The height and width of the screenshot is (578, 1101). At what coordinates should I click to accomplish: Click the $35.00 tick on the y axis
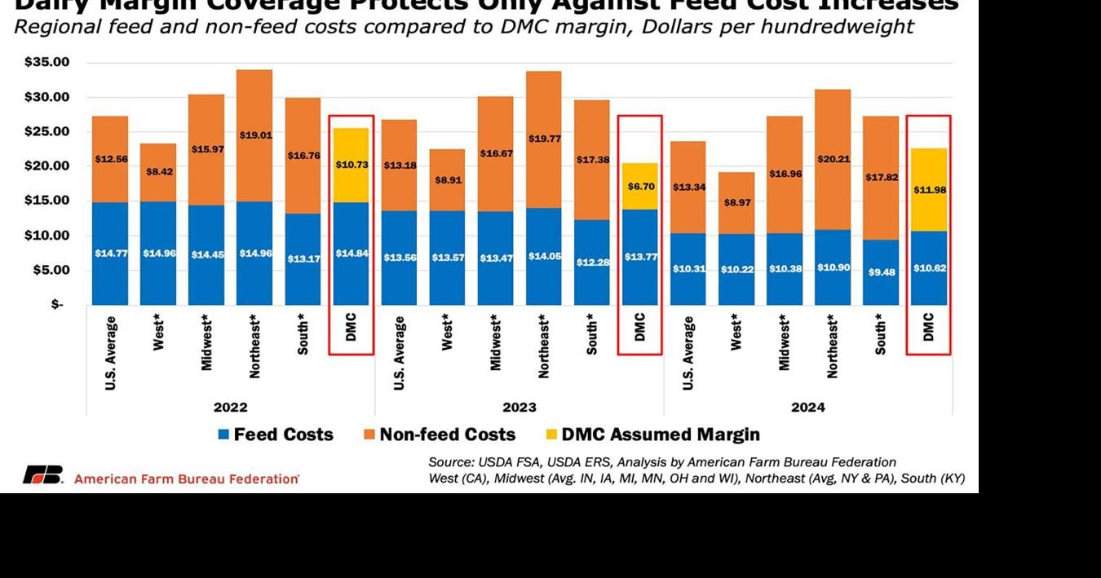[x=46, y=62]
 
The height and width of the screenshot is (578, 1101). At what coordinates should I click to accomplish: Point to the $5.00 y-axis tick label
[x=46, y=270]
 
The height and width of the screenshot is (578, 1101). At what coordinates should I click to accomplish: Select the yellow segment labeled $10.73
[x=351, y=165]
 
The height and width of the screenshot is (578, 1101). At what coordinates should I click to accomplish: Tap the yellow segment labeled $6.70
[x=639, y=186]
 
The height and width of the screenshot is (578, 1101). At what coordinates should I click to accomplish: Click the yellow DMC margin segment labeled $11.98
[x=928, y=189]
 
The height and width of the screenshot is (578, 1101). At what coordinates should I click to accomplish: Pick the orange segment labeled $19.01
[x=254, y=135]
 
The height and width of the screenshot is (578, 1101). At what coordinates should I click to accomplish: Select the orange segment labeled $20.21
[x=832, y=159]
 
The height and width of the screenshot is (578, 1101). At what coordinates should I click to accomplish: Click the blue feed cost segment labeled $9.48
[x=880, y=272]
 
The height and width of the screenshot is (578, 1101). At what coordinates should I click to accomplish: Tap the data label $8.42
[x=158, y=172]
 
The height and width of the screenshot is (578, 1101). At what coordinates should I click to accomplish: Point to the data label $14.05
[x=543, y=256]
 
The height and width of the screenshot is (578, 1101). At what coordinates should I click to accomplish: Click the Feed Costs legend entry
[x=275, y=435]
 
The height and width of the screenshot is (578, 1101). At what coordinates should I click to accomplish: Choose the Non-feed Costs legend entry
[x=440, y=435]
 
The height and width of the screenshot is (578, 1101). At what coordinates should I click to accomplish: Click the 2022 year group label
[x=230, y=407]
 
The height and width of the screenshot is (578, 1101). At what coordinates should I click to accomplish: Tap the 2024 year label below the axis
[x=807, y=407]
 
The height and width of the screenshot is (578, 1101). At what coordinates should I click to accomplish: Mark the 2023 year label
[x=519, y=407]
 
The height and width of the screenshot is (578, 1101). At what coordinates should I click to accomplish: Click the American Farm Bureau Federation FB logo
[x=42, y=475]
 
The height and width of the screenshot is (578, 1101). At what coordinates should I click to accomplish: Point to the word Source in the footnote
[x=450, y=462]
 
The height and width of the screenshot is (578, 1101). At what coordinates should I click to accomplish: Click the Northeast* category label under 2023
[x=543, y=346]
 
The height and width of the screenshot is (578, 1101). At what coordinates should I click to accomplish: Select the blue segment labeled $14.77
[x=110, y=254]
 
